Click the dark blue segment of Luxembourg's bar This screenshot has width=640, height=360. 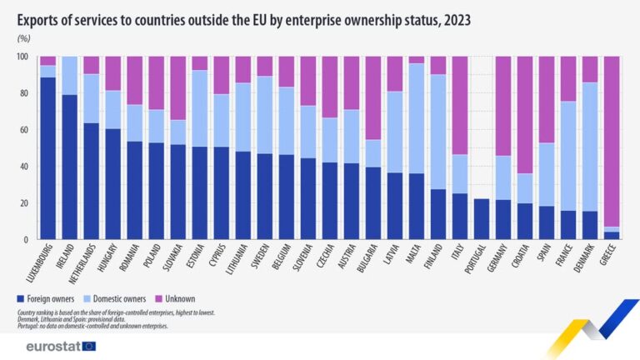click(48, 158)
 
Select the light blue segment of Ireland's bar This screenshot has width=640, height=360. click(70, 76)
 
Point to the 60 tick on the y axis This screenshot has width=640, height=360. click(23, 130)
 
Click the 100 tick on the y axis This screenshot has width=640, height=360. click(22, 57)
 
